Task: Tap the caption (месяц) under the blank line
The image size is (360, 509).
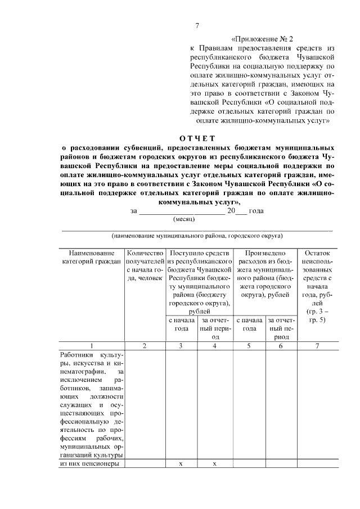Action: tap(183, 219)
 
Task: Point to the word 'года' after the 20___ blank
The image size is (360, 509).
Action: tap(256, 211)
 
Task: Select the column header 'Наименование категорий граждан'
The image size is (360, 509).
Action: tap(90, 258)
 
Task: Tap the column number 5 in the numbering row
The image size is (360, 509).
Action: tap(249, 346)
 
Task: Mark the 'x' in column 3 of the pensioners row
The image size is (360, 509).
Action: tap(181, 464)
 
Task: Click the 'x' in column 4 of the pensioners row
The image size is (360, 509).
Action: tap(215, 464)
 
